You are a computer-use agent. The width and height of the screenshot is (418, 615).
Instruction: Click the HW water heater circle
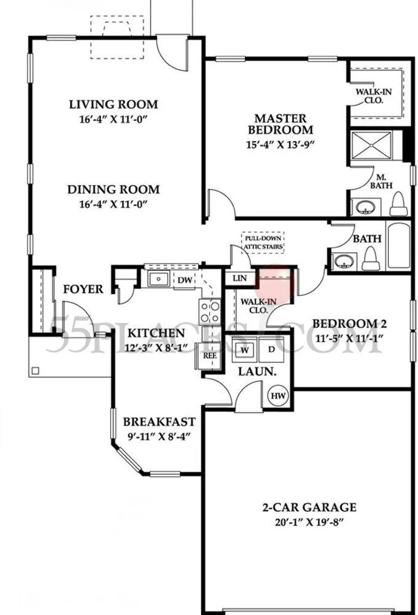click(279, 396)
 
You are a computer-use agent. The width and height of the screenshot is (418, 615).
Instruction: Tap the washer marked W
click(244, 350)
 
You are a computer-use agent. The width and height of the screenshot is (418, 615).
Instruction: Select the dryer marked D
click(272, 350)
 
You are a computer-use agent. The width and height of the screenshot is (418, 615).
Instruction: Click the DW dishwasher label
click(185, 280)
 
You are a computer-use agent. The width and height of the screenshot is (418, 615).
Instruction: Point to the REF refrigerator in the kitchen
click(209, 356)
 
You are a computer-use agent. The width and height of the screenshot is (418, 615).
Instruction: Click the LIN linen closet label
click(240, 279)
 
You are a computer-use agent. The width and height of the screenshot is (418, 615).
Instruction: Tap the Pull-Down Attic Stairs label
click(263, 243)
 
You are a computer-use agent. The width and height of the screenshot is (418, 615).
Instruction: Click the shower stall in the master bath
click(372, 145)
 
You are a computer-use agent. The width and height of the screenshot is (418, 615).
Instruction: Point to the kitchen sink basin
click(158, 279)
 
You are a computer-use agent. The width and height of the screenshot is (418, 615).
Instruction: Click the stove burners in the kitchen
click(210, 312)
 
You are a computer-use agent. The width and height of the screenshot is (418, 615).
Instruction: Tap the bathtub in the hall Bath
click(399, 246)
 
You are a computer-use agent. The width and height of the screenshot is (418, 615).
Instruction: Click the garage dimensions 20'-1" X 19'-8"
click(309, 522)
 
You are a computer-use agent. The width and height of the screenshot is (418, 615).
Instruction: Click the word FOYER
click(83, 289)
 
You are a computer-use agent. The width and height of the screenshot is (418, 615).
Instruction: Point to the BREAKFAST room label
click(159, 422)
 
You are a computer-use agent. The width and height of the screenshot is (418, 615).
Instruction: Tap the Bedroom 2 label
click(349, 324)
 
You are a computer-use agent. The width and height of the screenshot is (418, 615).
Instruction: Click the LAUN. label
click(257, 372)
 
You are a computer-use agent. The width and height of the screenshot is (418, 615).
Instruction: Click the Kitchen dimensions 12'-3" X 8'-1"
click(156, 348)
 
